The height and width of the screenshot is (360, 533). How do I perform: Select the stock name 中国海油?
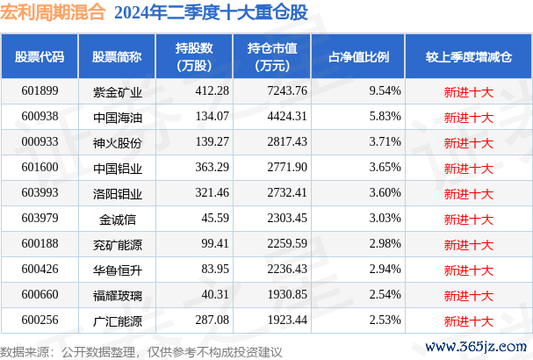117,116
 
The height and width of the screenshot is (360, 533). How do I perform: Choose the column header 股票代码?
40,57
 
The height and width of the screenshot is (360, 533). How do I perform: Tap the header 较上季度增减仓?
469,57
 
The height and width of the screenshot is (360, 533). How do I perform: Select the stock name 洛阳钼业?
117,191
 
